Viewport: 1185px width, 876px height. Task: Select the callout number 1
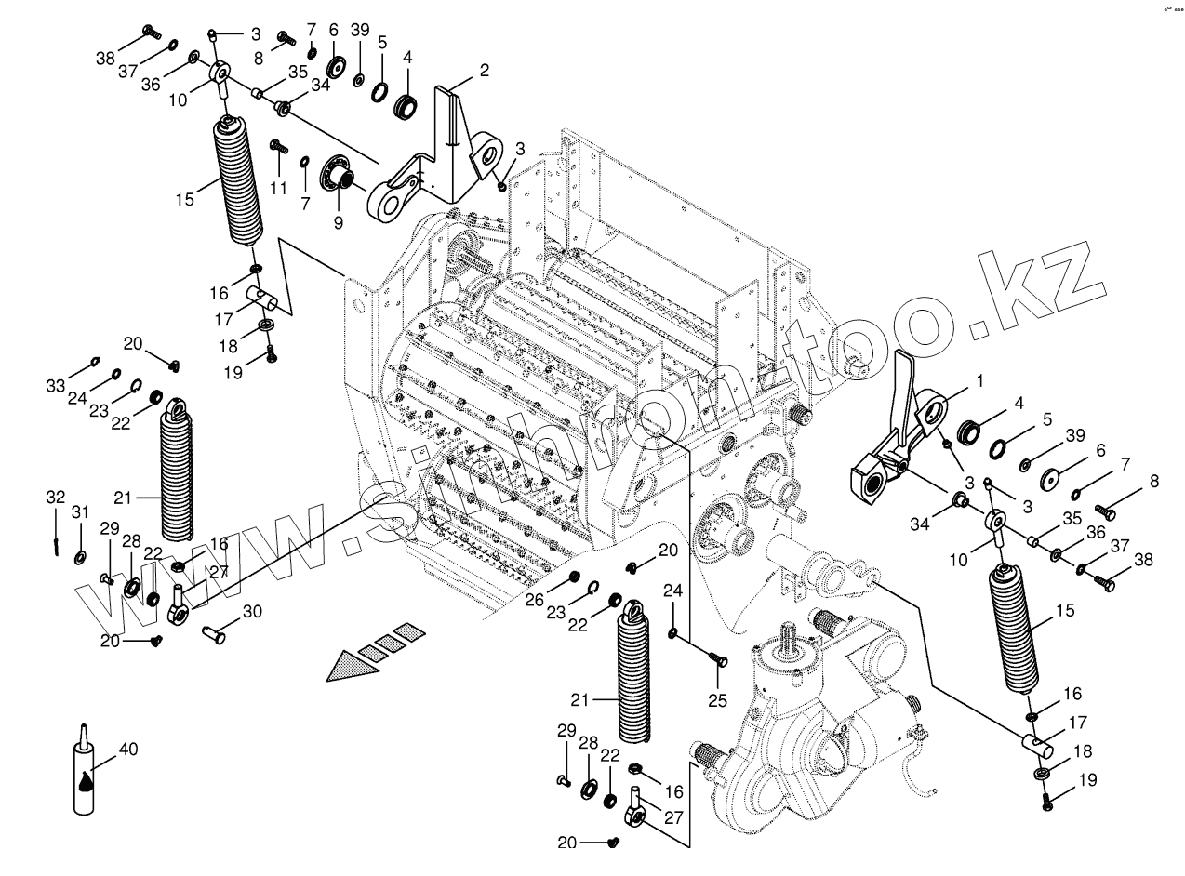coord(978,380)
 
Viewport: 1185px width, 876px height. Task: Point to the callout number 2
coord(484,71)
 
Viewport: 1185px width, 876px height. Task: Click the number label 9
coord(339,223)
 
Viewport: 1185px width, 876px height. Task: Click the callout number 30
coord(252,611)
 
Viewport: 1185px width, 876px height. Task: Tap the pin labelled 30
coord(216,634)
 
